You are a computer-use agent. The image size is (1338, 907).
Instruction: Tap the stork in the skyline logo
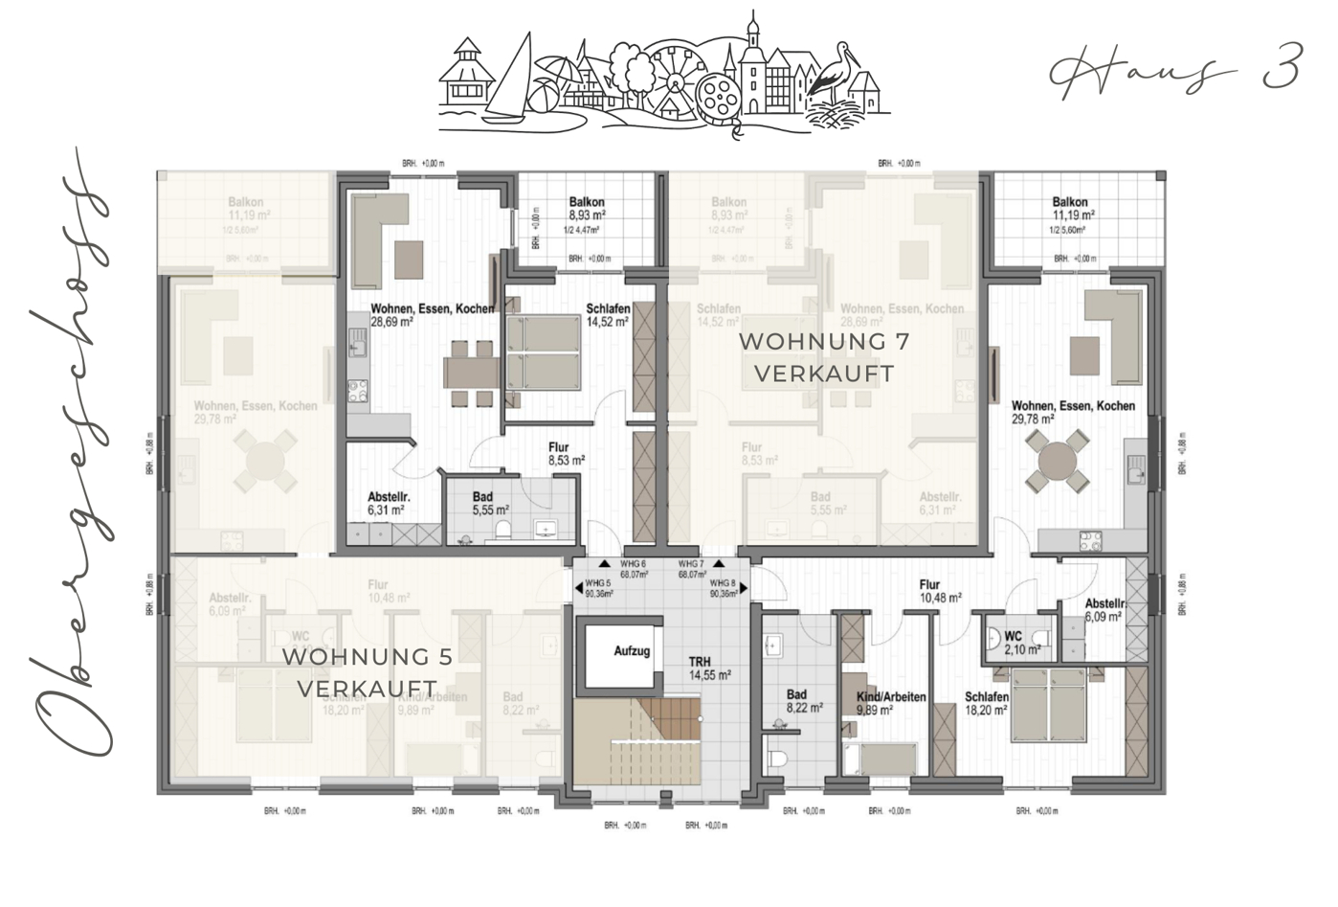pyautogui.click(x=832, y=69)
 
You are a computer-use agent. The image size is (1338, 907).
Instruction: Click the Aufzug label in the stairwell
pyautogui.click(x=632, y=651)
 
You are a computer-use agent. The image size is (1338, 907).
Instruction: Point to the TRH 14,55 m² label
pyautogui.click(x=708, y=668)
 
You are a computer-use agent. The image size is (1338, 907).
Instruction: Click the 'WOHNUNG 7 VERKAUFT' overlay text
pyautogui.click(x=824, y=357)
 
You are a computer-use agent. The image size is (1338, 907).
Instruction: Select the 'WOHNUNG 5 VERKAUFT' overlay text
pyautogui.click(x=368, y=672)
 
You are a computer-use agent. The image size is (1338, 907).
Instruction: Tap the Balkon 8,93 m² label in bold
pyautogui.click(x=586, y=209)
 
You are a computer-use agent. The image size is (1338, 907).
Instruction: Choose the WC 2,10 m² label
pyautogui.click(x=1014, y=643)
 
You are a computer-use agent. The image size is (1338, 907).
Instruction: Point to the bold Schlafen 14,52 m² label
pyautogui.click(x=607, y=315)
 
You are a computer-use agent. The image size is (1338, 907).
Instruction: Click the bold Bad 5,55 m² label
pyautogui.click(x=489, y=504)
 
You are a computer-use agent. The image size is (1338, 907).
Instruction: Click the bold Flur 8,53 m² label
pyautogui.click(x=566, y=453)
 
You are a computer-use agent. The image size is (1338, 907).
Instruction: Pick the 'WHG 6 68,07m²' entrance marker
pyautogui.click(x=633, y=570)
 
